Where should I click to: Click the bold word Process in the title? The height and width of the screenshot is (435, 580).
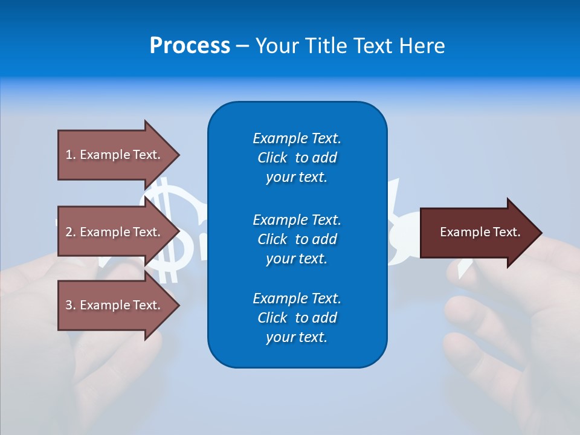point(190,46)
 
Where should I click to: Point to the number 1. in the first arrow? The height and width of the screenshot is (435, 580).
point(71,155)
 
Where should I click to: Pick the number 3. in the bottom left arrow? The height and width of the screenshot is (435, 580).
point(71,306)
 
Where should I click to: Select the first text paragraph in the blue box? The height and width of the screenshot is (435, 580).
point(297,158)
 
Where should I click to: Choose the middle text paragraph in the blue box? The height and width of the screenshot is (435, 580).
point(297,239)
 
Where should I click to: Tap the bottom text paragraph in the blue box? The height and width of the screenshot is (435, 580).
point(297,318)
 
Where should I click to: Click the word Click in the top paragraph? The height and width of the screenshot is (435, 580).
point(272,158)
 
